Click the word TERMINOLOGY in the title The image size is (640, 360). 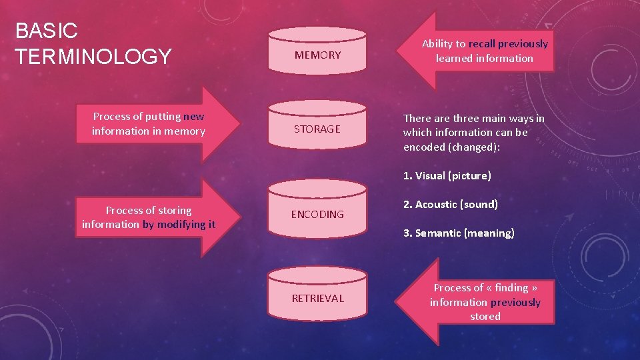click(x=93, y=56)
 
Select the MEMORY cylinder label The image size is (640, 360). click(x=317, y=55)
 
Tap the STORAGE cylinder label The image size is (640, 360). click(x=317, y=129)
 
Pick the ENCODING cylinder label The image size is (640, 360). click(x=317, y=214)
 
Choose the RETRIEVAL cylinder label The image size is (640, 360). click(x=317, y=298)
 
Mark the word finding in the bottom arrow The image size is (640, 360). click(x=511, y=288)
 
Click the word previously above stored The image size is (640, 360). click(x=515, y=303)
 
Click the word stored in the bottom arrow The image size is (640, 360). click(x=485, y=317)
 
